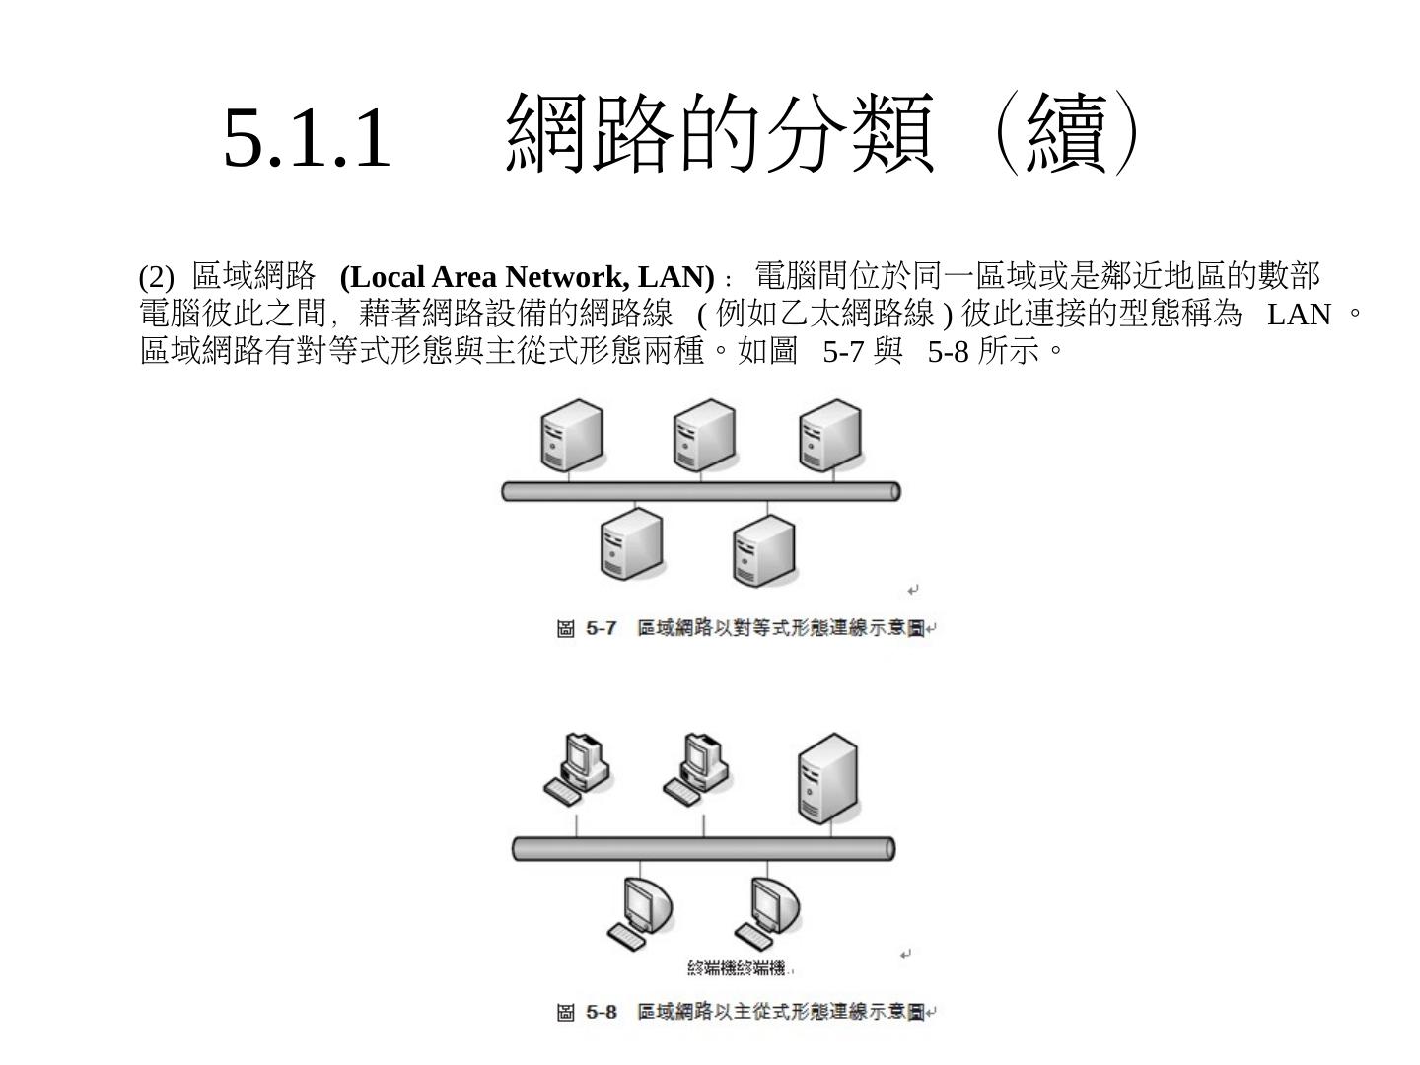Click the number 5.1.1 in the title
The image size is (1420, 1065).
click(x=307, y=138)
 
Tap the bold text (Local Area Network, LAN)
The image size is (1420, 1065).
click(x=527, y=276)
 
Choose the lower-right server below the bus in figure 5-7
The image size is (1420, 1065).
click(x=763, y=550)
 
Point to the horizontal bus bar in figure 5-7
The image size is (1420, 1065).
click(x=701, y=491)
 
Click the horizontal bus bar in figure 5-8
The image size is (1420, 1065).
click(x=703, y=848)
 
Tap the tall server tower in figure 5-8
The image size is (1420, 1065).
click(x=827, y=779)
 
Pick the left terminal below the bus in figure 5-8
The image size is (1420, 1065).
click(x=641, y=912)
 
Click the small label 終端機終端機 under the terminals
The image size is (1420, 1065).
click(x=740, y=968)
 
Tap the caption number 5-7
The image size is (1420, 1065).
click(x=602, y=628)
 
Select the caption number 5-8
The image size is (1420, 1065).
click(x=602, y=1012)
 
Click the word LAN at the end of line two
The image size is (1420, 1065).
click(x=1299, y=315)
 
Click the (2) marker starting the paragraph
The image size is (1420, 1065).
click(x=156, y=276)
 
